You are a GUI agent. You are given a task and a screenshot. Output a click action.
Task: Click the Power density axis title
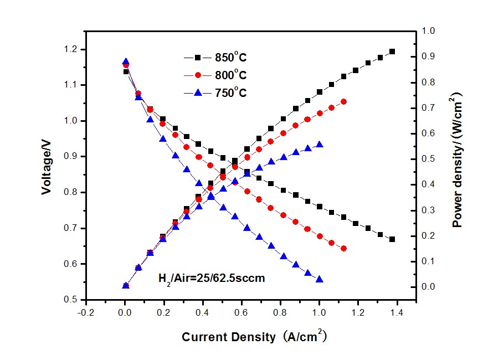458,160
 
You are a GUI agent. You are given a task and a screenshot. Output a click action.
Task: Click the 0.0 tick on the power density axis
429,287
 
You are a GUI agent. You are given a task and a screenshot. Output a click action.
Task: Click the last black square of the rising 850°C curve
392,52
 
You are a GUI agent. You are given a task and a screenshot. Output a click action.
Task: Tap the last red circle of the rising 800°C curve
344,101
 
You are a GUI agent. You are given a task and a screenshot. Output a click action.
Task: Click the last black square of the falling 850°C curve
392,239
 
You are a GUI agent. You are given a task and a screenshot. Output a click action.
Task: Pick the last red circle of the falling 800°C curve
344,249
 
